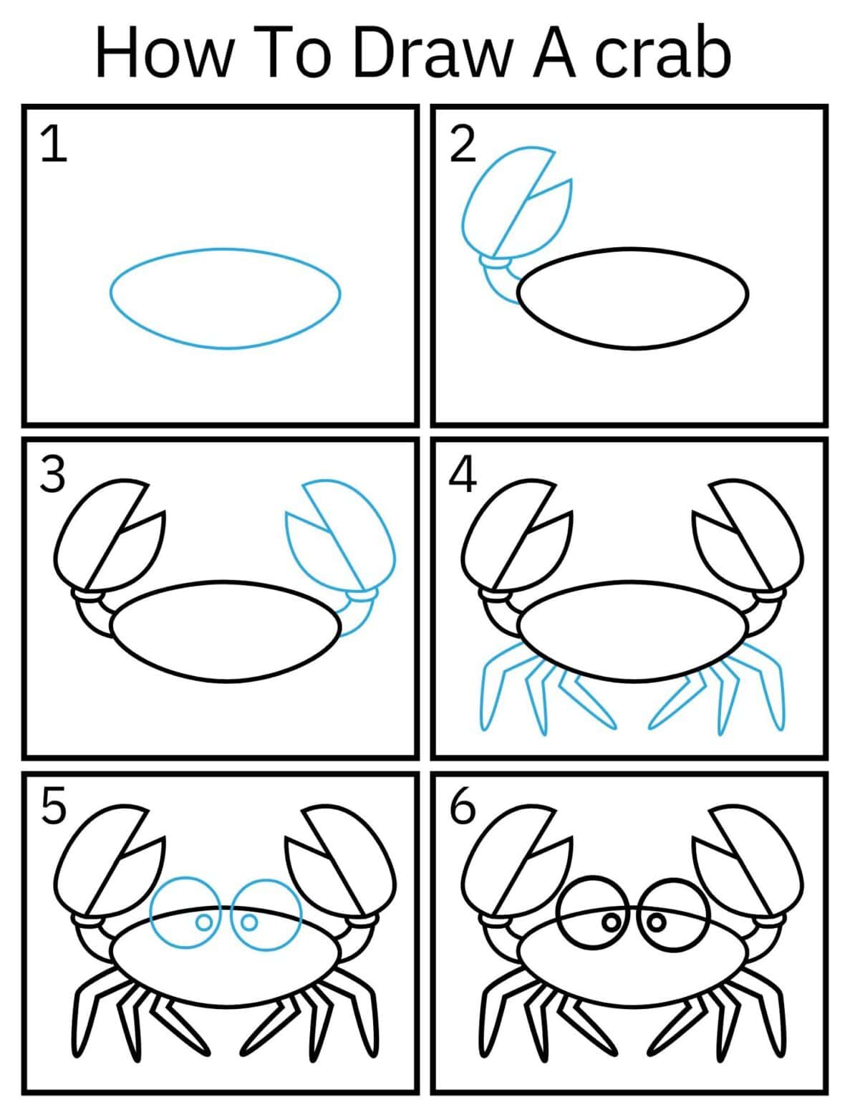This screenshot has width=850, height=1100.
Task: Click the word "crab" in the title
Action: (x=662, y=54)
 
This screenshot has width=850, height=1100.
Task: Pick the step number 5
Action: (x=53, y=806)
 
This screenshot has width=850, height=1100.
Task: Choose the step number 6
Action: (x=462, y=806)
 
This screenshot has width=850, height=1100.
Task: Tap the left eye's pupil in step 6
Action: (x=611, y=922)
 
